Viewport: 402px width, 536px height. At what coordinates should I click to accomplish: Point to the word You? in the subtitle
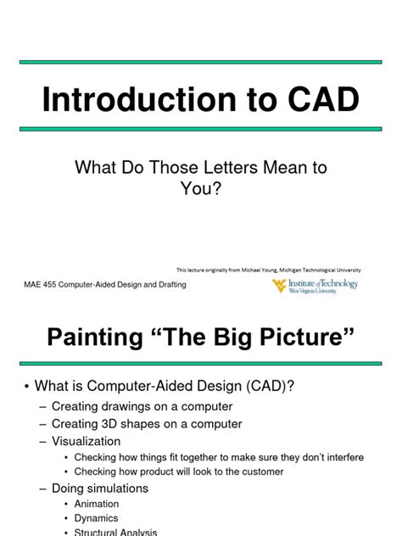click(x=200, y=189)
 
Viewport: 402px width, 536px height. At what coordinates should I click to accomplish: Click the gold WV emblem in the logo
click(x=279, y=287)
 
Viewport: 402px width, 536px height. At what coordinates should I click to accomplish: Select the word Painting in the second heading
click(x=97, y=340)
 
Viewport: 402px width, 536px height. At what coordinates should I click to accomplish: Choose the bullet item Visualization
click(x=86, y=441)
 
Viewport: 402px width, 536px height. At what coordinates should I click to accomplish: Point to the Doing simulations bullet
click(x=100, y=488)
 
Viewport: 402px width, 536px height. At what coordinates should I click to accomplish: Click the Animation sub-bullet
click(x=97, y=504)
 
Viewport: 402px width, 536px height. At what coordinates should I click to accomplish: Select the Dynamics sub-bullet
click(x=97, y=518)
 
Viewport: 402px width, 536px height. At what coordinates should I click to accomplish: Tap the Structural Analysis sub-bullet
click(x=115, y=532)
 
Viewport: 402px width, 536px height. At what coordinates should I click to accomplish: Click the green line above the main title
click(x=201, y=62)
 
